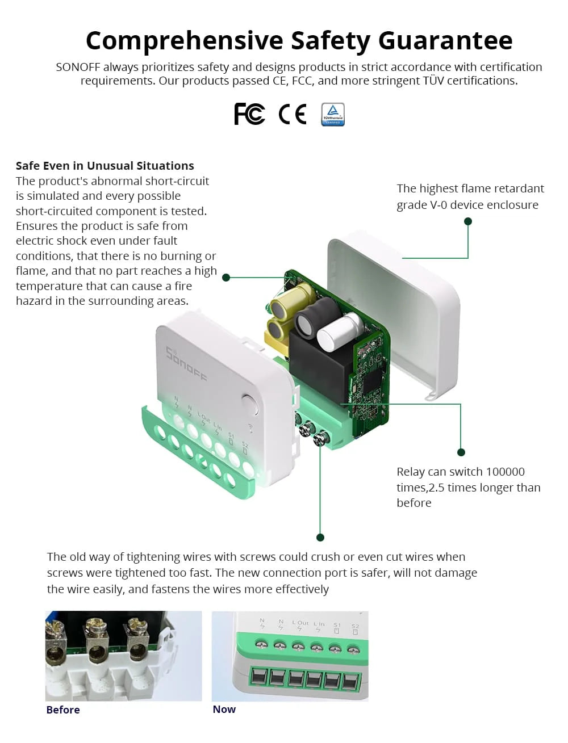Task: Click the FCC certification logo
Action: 249,114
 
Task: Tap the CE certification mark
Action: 293,114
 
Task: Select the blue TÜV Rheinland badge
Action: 333,114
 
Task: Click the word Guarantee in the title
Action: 445,41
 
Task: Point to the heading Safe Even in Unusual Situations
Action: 105,166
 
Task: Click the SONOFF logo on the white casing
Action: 186,363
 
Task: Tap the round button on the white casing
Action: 249,404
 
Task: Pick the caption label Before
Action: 63,710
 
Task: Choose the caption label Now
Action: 224,709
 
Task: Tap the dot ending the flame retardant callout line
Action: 468,221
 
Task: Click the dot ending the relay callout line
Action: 461,452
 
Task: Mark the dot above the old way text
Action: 320,538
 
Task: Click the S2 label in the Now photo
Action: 355,626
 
